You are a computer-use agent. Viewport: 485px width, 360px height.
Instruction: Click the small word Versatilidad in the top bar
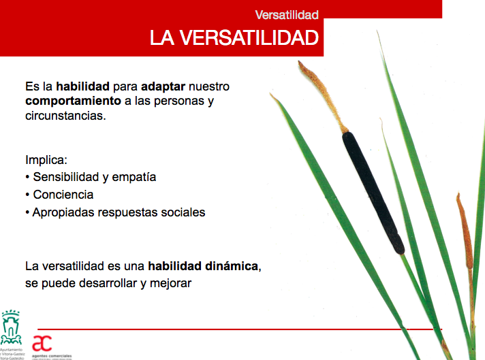(286, 14)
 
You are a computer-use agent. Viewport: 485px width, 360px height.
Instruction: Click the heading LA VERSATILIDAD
(234, 38)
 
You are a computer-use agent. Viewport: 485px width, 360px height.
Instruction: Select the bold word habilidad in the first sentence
(83, 87)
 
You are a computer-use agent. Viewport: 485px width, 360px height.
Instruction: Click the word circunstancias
(65, 116)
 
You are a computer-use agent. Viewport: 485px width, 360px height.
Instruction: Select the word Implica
(46, 161)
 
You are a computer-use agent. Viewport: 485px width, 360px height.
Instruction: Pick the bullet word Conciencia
(63, 195)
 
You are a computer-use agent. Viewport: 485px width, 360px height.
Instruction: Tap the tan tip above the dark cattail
(322, 95)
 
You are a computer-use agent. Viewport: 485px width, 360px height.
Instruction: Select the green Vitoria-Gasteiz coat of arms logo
(11, 329)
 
